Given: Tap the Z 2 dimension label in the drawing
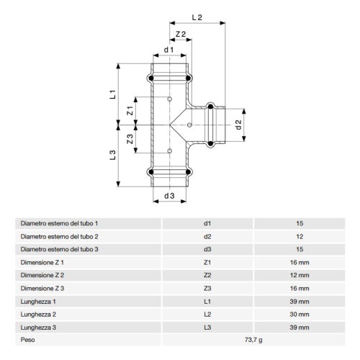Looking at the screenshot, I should [x=181, y=35].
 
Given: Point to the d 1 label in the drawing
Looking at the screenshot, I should [x=168, y=50].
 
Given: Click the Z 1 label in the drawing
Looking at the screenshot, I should [x=130, y=111].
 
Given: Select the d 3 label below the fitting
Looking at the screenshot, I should [x=169, y=195].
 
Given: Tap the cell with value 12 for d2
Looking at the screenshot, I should [x=300, y=235].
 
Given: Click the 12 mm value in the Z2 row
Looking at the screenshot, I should [x=300, y=274].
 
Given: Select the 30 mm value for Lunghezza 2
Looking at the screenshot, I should [x=300, y=313].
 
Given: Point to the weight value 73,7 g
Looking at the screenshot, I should [x=253, y=338].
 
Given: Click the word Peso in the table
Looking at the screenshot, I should [x=28, y=338].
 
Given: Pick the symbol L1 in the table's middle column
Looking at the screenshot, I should [x=207, y=300].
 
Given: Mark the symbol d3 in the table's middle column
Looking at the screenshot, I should [x=207, y=248].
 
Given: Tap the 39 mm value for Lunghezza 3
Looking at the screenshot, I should [x=300, y=326].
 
